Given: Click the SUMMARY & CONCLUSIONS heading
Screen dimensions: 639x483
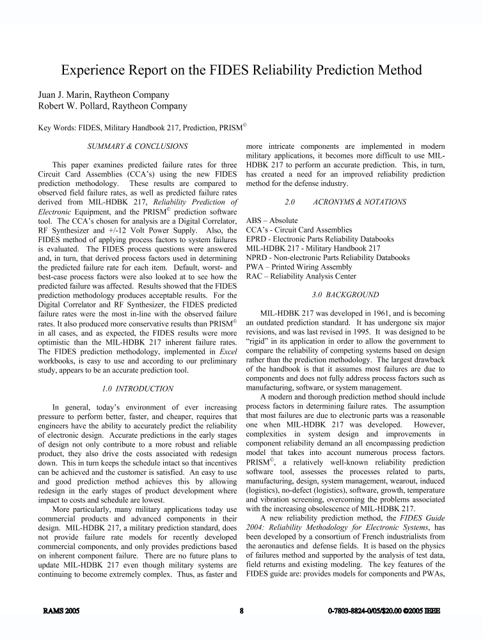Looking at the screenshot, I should point(138,146).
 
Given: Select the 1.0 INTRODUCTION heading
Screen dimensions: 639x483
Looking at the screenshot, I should point(138,388).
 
